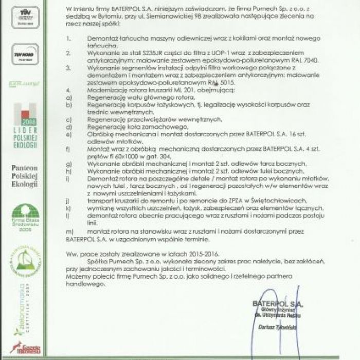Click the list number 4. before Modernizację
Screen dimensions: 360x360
69,89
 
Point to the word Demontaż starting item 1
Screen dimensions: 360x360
103,38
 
